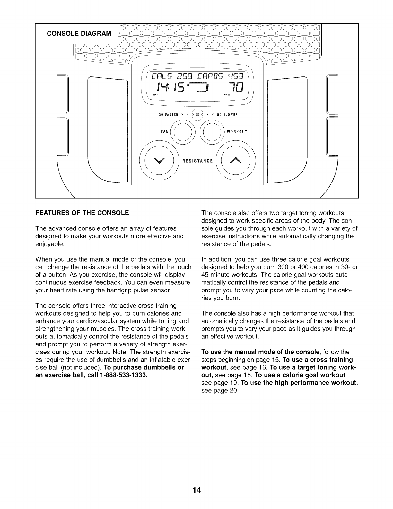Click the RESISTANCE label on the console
(197, 161)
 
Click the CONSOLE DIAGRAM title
(79, 33)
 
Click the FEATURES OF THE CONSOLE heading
(82, 213)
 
